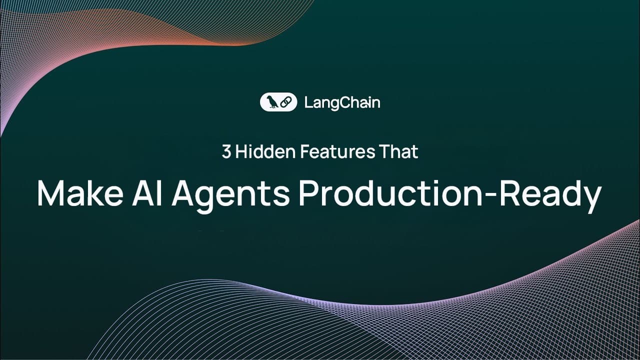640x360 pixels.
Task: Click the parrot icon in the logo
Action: click(x=272, y=102)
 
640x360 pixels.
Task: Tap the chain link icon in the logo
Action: click(x=286, y=102)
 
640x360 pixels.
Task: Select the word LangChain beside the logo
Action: click(x=342, y=103)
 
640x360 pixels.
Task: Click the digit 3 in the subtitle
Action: click(x=226, y=152)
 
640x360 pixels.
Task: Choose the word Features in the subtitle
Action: click(x=331, y=152)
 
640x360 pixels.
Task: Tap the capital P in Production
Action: click(x=308, y=193)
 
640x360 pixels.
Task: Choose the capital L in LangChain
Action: click(x=307, y=102)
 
